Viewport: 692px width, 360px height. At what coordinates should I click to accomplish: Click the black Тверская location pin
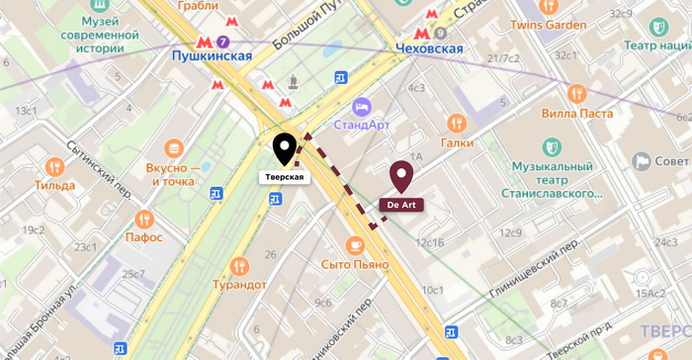pyautogui.click(x=285, y=149)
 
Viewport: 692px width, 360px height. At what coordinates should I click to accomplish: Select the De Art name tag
pyautogui.click(x=401, y=204)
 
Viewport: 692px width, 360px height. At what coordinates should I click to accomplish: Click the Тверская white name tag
pyautogui.click(x=284, y=178)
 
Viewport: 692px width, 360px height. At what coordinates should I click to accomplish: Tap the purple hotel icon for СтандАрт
pyautogui.click(x=362, y=105)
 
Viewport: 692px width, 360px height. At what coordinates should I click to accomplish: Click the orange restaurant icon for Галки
pyautogui.click(x=456, y=123)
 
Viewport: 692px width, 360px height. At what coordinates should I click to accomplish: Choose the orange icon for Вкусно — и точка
pyautogui.click(x=173, y=148)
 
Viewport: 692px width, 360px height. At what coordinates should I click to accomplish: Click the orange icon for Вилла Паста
pyautogui.click(x=577, y=94)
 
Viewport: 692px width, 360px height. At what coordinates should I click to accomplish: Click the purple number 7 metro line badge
pyautogui.click(x=223, y=43)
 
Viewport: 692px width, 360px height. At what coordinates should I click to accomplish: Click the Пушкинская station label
pyautogui.click(x=212, y=57)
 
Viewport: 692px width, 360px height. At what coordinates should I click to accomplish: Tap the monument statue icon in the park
pyautogui.click(x=292, y=81)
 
